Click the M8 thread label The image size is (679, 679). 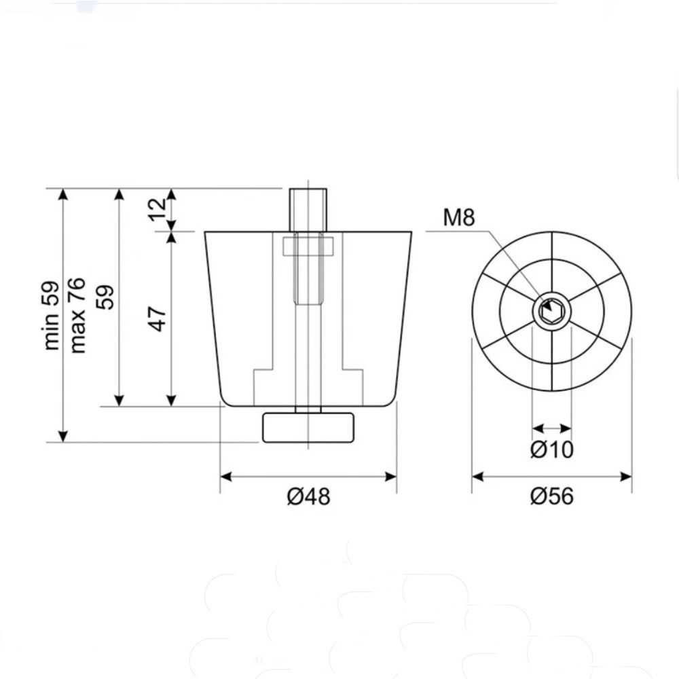tap(458, 218)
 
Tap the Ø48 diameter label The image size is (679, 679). tap(308, 496)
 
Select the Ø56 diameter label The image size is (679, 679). tap(551, 496)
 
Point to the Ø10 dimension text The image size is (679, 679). tap(551, 449)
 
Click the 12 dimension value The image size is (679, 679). tap(158, 210)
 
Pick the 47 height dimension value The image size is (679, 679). tap(158, 318)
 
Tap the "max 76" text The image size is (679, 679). tap(78, 315)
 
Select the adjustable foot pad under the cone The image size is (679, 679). tap(308, 428)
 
